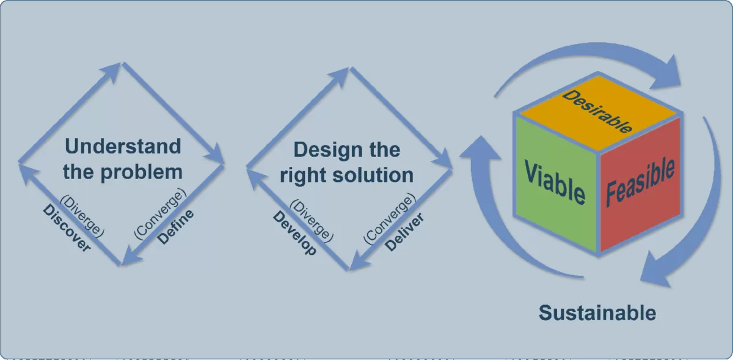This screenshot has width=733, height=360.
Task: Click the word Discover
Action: (67, 229)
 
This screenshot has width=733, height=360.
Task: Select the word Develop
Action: (294, 233)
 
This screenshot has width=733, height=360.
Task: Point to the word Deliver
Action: (404, 232)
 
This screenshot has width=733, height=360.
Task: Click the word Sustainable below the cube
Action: (597, 313)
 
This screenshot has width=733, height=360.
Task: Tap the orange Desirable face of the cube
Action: (597, 111)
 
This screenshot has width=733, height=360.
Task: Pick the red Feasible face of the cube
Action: (640, 182)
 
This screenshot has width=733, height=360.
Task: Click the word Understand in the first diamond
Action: (123, 147)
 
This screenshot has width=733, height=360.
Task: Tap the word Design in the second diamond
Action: (321, 150)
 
